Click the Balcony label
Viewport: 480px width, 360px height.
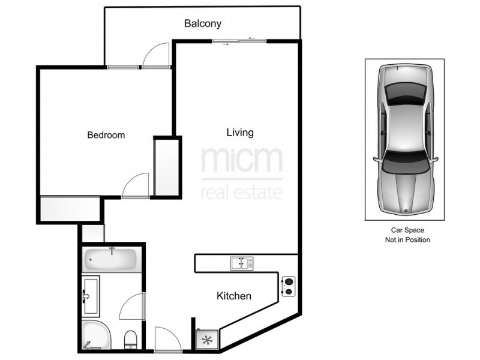point(203,24)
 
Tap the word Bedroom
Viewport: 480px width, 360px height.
point(106,135)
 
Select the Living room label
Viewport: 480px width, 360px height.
point(240,132)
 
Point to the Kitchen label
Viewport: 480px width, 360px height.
point(233,296)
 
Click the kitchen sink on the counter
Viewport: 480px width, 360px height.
point(242,263)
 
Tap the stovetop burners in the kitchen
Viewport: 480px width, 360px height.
point(287,286)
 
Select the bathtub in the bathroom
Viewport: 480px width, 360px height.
point(110,259)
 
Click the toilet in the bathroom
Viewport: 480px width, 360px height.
point(131,340)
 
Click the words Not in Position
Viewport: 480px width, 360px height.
point(407,240)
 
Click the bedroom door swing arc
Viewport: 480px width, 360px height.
point(137,185)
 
